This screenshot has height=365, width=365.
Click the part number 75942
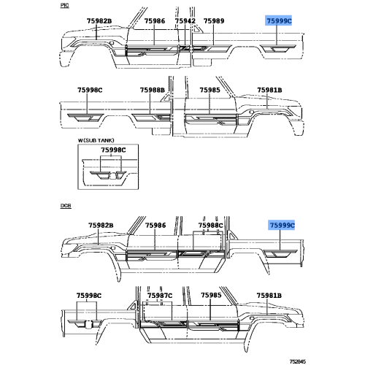tap(185, 21)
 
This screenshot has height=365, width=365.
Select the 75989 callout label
tap(214, 21)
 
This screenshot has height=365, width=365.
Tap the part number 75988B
tap(153, 90)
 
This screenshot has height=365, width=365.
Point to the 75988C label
tap(210, 226)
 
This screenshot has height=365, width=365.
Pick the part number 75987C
tap(160, 296)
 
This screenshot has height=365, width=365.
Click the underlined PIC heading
tap(64, 5)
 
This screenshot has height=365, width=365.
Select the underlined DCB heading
tap(66, 206)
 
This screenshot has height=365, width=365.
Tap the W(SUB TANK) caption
tap(96, 140)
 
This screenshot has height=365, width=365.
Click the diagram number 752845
tap(297, 361)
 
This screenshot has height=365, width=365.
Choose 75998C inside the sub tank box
tap(113, 150)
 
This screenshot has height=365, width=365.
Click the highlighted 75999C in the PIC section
tap(279, 21)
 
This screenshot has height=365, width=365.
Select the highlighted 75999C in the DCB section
tap(282, 226)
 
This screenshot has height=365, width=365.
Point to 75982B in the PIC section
tap(99, 21)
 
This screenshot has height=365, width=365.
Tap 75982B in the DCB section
tap(101, 226)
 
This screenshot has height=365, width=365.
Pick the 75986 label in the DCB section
tap(155, 226)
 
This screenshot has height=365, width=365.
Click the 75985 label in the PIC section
tap(210, 90)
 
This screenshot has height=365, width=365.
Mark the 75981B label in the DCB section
tap(269, 296)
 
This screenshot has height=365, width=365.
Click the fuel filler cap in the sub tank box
tap(112, 176)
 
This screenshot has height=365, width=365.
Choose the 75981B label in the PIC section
tap(269, 90)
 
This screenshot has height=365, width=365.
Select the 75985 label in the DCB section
tap(211, 295)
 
